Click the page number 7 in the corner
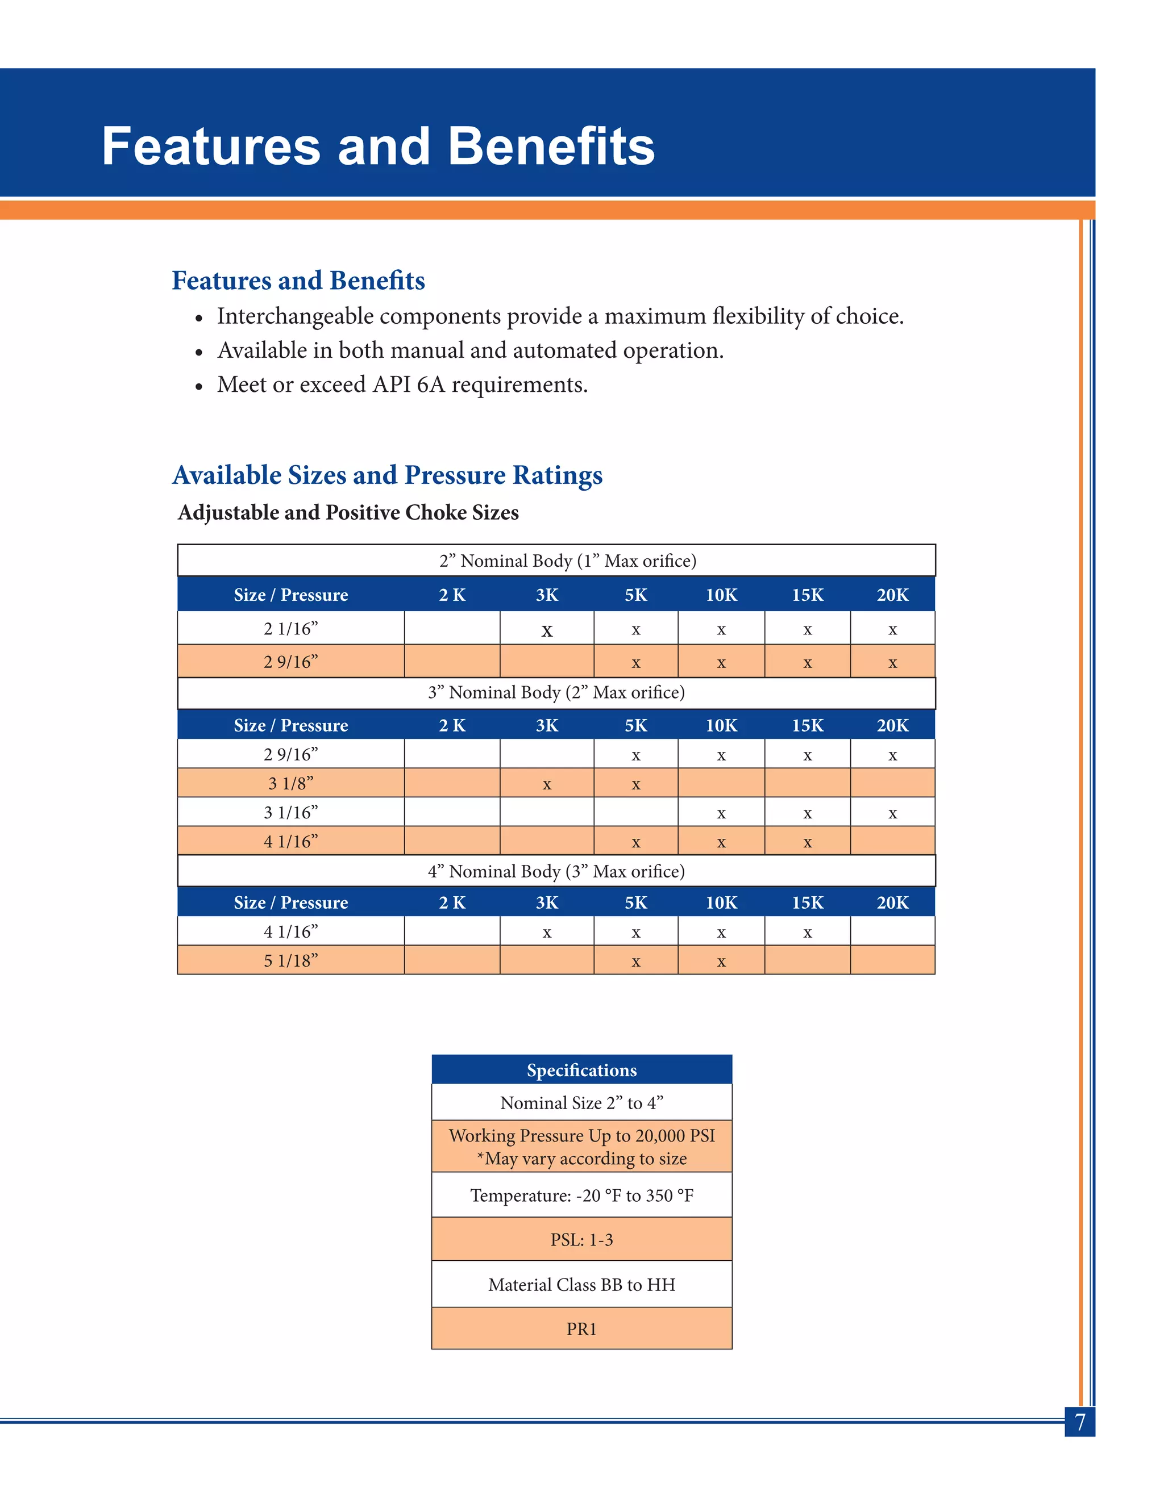tap(1080, 1422)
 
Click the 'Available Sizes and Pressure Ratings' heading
tap(387, 475)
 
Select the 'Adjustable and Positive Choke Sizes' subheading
tap(348, 513)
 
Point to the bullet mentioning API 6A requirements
tap(402, 384)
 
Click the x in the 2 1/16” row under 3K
tap(547, 630)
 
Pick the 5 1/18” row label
tap(290, 960)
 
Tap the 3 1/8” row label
tap(290, 784)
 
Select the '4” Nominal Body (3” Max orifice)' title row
tap(556, 871)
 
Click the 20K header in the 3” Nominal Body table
tap(892, 726)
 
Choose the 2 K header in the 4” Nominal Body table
tap(452, 903)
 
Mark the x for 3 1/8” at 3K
tap(547, 784)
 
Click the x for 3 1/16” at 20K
tap(892, 814)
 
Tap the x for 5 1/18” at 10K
tap(721, 961)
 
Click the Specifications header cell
tap(581, 1070)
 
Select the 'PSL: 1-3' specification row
tap(581, 1240)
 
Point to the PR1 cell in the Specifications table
tap(581, 1328)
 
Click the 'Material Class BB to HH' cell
tap(581, 1285)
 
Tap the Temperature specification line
tap(581, 1195)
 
